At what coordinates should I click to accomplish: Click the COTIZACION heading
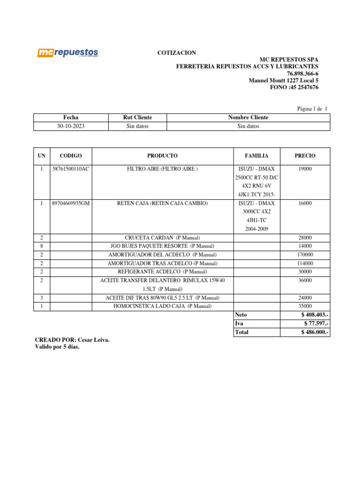click(x=176, y=53)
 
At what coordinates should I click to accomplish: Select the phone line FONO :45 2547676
click(x=294, y=87)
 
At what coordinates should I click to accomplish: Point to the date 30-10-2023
click(x=71, y=126)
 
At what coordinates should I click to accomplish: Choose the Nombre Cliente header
click(x=248, y=117)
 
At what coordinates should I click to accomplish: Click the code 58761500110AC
click(x=71, y=169)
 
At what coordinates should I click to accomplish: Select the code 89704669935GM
click(x=71, y=203)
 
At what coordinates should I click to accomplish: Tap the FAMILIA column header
click(x=256, y=156)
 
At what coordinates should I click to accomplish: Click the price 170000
click(x=305, y=255)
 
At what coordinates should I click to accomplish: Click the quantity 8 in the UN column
click(x=42, y=246)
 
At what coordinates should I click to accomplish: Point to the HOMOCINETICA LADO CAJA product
click(x=162, y=306)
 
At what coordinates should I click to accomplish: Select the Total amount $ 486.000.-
click(x=315, y=332)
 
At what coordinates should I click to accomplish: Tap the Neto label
click(x=241, y=315)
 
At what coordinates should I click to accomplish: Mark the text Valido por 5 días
click(x=57, y=347)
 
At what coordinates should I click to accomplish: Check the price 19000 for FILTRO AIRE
click(x=305, y=169)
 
